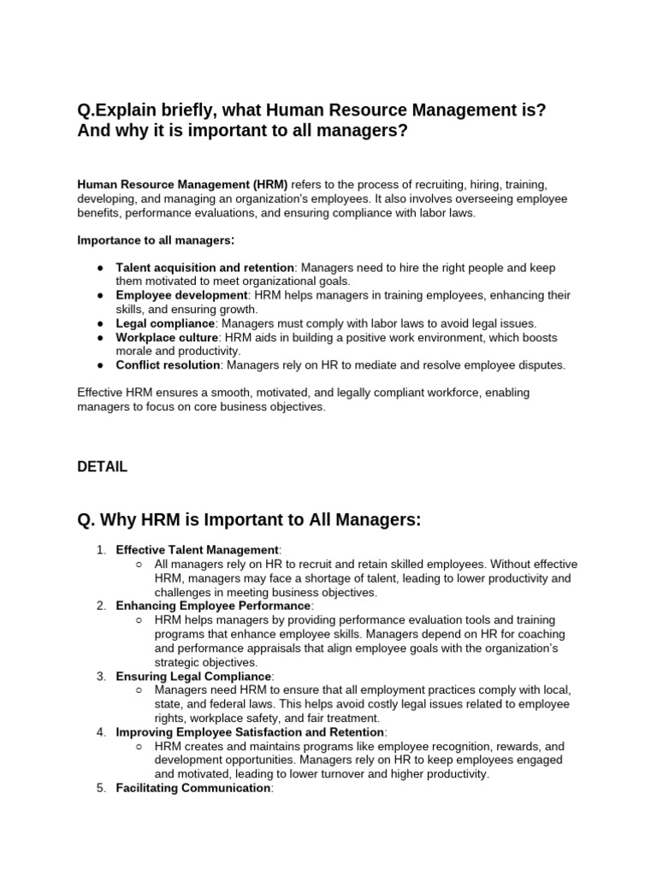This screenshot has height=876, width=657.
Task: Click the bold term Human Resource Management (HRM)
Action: [x=182, y=184]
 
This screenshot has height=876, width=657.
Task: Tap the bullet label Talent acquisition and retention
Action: [x=204, y=268]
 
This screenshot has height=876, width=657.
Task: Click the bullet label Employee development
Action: [x=181, y=295]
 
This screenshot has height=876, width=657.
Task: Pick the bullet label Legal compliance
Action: [x=165, y=323]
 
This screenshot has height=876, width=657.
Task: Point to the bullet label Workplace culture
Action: [x=168, y=337]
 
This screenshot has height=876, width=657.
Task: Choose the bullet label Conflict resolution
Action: [x=168, y=365]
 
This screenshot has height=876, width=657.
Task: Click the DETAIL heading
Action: [x=102, y=467]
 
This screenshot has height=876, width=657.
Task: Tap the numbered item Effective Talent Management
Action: [x=198, y=550]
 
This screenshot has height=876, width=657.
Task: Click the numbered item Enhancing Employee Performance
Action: [x=211, y=606]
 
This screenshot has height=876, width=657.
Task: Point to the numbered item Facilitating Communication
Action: [x=193, y=788]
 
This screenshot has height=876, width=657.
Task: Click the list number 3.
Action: [x=100, y=676]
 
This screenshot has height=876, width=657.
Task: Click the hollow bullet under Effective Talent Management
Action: [x=139, y=565]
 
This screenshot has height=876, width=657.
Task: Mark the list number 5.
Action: [x=100, y=788]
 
